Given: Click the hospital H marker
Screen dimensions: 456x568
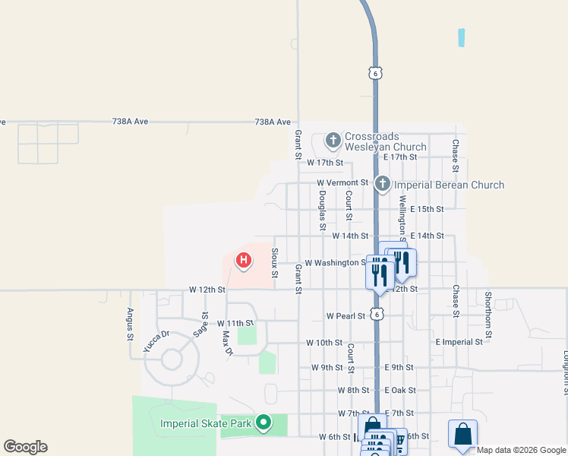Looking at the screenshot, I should point(243,261).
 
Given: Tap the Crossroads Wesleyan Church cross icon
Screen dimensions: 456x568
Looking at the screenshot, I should point(333,140).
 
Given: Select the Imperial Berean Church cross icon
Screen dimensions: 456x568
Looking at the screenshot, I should point(383,184).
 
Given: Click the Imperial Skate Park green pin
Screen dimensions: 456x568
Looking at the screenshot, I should point(263,422).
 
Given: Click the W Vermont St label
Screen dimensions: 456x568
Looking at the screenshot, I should point(342,183).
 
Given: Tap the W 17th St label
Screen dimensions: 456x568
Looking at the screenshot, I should point(325,163).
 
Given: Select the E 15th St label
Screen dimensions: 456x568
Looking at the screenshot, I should point(426,209).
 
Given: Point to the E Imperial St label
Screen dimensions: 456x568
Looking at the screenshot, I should point(459,342).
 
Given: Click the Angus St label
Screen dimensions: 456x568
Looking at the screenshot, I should point(131,323).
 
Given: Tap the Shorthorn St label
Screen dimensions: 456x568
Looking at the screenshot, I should point(488,314).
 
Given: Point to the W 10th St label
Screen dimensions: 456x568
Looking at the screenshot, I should point(324,343).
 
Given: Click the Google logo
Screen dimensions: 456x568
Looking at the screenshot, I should point(25,447).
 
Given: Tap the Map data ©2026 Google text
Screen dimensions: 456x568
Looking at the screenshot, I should point(520,450).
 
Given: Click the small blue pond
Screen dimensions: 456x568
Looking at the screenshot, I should point(461,37).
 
